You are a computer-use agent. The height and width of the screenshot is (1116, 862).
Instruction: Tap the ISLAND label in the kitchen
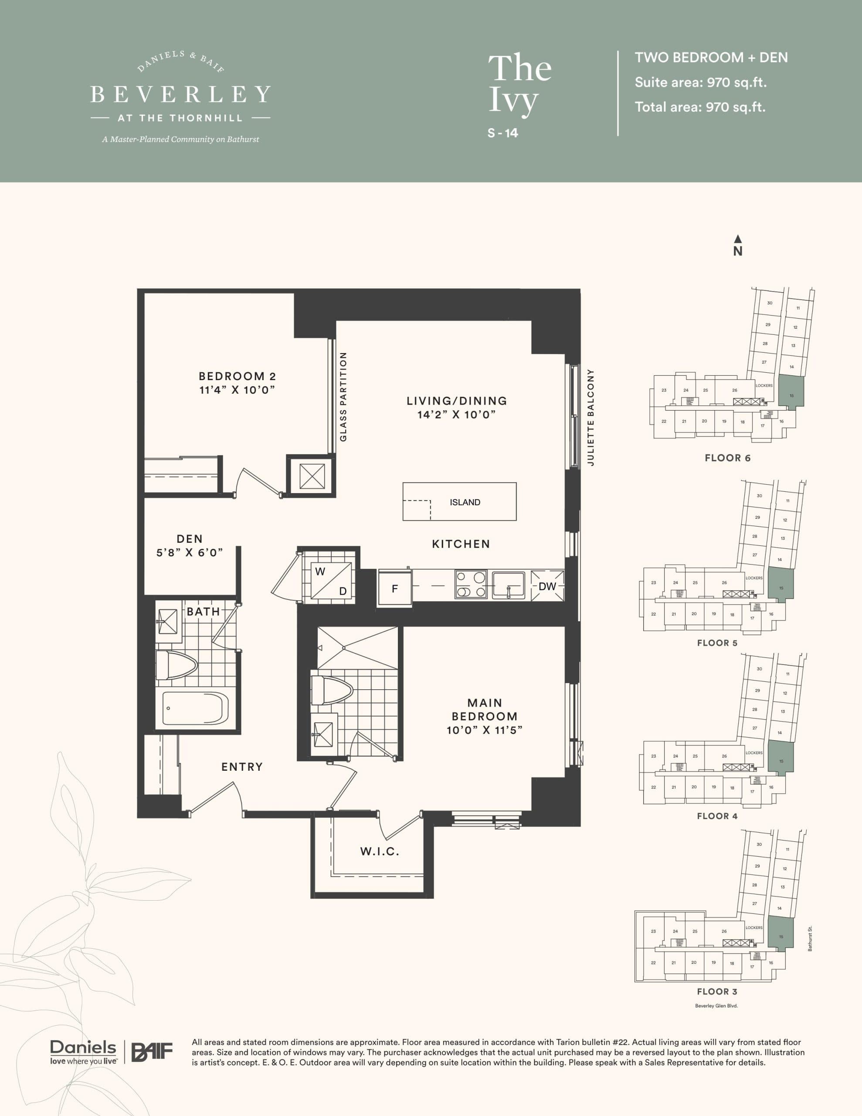pyautogui.click(x=465, y=502)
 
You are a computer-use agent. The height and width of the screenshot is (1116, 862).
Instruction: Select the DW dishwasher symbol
pyautogui.click(x=547, y=586)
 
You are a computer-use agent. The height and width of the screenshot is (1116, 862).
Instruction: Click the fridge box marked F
pyautogui.click(x=394, y=589)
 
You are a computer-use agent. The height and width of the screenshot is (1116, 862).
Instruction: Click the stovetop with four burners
pyautogui.click(x=471, y=585)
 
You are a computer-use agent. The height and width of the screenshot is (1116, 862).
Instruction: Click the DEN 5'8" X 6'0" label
pyautogui.click(x=190, y=545)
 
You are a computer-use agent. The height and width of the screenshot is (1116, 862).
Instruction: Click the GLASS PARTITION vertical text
pyautogui.click(x=343, y=397)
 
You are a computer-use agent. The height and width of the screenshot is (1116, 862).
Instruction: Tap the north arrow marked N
pyautogui.click(x=737, y=246)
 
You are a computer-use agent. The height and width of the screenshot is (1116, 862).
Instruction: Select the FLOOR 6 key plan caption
pyautogui.click(x=727, y=458)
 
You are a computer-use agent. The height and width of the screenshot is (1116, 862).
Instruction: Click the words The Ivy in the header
pyautogui.click(x=519, y=84)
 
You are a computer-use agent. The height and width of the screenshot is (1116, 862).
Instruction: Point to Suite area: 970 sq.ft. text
pyautogui.click(x=700, y=82)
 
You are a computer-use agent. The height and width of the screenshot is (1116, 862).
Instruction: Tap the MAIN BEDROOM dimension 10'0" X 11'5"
pyautogui.click(x=484, y=730)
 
